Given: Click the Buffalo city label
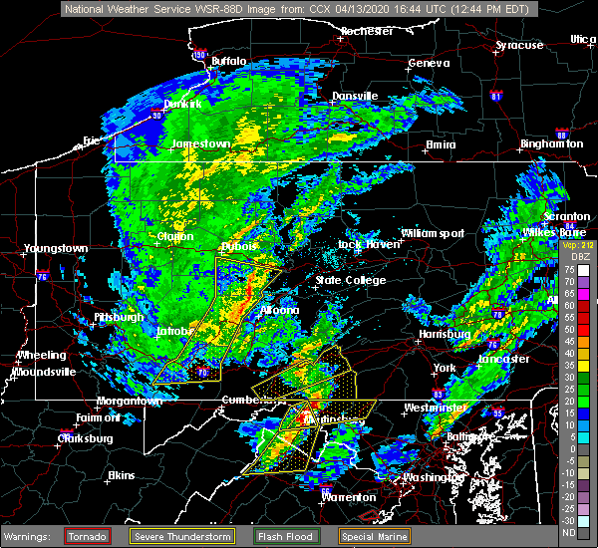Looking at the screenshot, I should (x=228, y=61).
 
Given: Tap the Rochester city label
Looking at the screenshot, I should (x=366, y=31).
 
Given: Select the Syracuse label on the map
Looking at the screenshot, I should (x=519, y=45).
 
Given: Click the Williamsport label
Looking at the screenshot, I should (x=433, y=233).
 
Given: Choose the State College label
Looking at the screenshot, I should (x=351, y=280).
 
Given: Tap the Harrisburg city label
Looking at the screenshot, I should (x=445, y=335).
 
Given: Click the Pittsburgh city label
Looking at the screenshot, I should (x=119, y=317).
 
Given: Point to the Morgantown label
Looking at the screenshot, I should (x=128, y=401).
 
